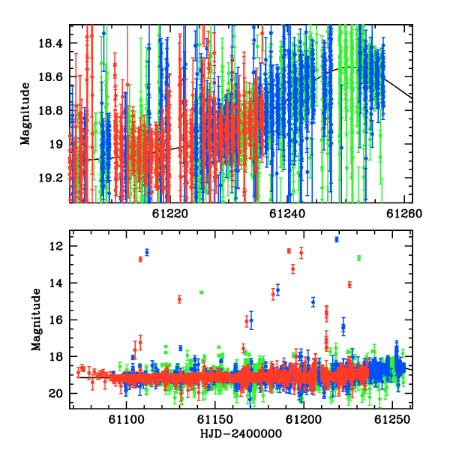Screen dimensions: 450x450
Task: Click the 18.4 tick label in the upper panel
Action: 50,43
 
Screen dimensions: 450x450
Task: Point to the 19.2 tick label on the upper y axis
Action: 50,178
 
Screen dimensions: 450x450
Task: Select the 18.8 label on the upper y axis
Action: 50,111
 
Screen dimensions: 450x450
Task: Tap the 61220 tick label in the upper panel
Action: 170,214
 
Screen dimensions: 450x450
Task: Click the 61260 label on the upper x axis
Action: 404,214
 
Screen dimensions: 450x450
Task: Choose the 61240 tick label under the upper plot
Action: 287,214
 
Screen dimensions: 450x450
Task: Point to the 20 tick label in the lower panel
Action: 55,394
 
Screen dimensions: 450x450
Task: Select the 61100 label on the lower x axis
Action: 126,420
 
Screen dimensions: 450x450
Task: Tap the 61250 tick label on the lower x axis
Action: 392,420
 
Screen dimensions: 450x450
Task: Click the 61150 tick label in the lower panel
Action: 215,420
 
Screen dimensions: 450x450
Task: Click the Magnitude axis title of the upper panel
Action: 25,114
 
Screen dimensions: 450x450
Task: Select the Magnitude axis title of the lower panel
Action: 36,319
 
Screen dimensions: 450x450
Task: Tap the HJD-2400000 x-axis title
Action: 241,433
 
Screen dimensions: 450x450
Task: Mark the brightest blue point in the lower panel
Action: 337,239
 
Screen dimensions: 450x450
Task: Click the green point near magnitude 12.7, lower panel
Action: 358,258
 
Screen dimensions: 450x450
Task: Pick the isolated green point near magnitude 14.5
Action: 201,292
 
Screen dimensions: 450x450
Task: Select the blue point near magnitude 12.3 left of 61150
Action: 147,253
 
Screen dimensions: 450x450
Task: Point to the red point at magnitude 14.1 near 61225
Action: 349,285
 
